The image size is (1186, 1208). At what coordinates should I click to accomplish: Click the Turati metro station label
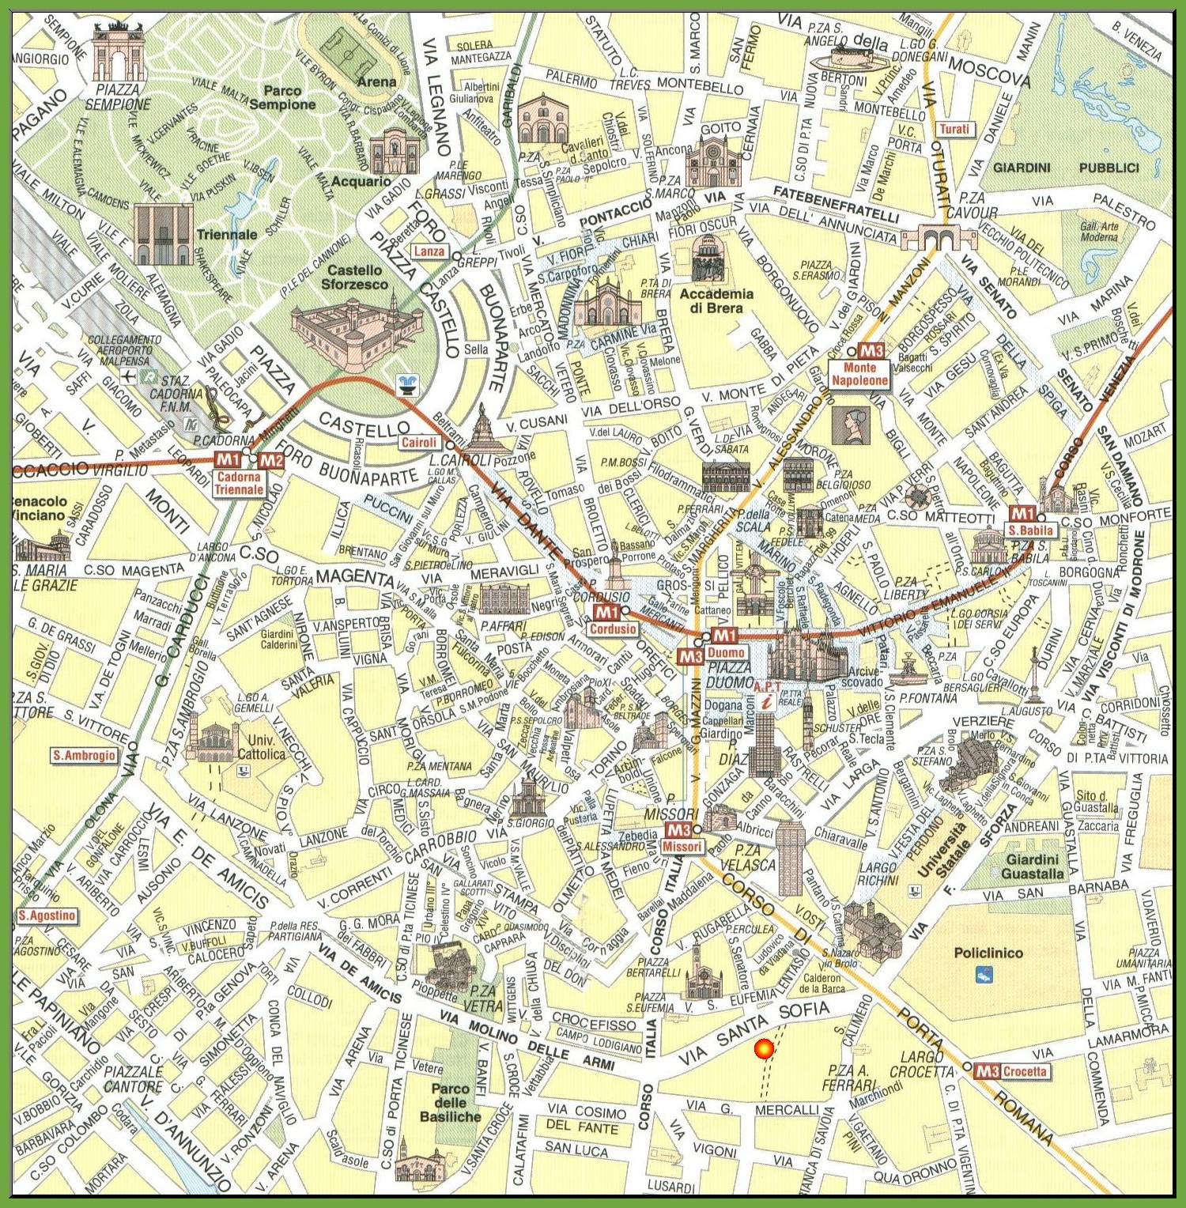coord(954,129)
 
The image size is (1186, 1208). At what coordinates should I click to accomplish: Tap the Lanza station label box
coord(429,251)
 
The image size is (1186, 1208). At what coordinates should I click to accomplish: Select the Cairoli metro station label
coord(418,443)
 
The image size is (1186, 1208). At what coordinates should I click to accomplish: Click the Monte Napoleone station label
coord(859,374)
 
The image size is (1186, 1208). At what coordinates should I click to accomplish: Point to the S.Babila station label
coord(1031,530)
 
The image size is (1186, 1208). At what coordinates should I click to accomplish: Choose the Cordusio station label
coord(613,629)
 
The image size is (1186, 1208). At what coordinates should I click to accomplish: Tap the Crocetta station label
coord(1025,1071)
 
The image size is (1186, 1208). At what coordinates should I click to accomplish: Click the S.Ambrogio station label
coord(84,756)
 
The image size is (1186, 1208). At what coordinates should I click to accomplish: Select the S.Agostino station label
coord(47,915)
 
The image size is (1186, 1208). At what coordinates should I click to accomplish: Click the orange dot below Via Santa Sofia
coord(763,1049)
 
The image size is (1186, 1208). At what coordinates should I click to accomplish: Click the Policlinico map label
coord(988,953)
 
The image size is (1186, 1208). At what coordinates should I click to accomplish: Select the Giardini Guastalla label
coord(1033,866)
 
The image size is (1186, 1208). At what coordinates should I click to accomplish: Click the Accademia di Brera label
coord(716,300)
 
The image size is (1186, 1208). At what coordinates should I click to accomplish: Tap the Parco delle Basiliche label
coord(450,1102)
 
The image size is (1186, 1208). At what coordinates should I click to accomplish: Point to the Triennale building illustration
coord(163,235)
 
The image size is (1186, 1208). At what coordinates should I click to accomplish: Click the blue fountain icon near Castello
coord(408,385)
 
